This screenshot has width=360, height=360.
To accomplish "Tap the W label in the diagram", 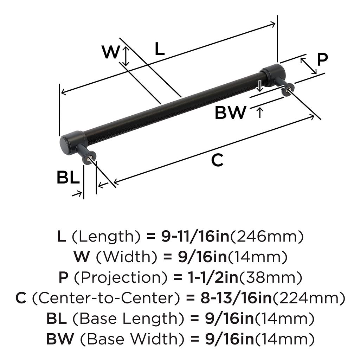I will click(110, 53).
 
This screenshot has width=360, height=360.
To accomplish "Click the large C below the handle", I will click(217, 160).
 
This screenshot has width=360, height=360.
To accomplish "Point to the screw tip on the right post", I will click(289, 90).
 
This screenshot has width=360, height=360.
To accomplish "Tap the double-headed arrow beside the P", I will click(308, 66).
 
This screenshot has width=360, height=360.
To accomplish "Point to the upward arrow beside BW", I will click(259, 113).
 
